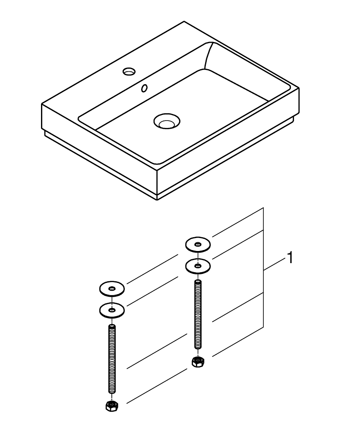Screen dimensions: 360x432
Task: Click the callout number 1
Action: click(290, 258)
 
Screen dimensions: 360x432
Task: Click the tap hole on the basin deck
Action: click(129, 72)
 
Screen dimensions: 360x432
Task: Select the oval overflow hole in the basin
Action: click(144, 88)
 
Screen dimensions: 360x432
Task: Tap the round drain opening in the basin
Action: click(167, 121)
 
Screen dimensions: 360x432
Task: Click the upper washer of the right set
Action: click(198, 245)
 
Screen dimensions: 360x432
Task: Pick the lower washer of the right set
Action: click(198, 266)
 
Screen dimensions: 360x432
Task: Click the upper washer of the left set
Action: click(112, 289)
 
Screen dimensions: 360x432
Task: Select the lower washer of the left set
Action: click(112, 311)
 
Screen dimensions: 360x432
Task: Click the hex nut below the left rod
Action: click(111, 406)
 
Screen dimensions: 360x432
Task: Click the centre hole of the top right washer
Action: click(198, 244)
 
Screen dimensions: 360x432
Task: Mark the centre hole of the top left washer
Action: click(112, 289)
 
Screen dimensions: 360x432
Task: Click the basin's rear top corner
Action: click(184, 22)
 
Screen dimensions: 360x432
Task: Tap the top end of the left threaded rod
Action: click(112, 325)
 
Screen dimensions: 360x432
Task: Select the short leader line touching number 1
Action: click(275, 264)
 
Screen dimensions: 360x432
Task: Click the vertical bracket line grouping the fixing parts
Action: click(264, 267)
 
